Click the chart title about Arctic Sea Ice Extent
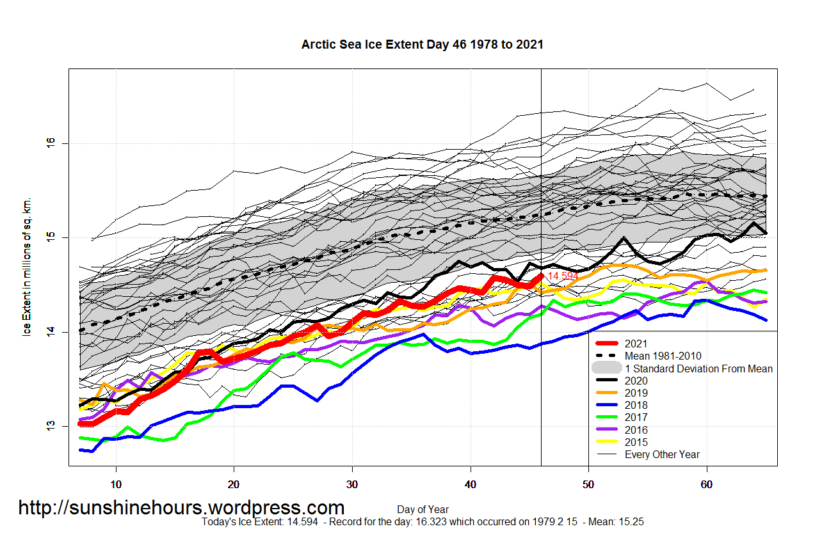pyautogui.click(x=422, y=45)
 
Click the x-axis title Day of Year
pyautogui.click(x=423, y=510)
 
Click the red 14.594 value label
pyautogui.click(x=563, y=276)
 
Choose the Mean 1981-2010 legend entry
pyautogui.click(x=663, y=356)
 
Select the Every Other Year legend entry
pyautogui.click(x=662, y=455)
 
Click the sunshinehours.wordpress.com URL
pyautogui.click(x=181, y=508)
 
